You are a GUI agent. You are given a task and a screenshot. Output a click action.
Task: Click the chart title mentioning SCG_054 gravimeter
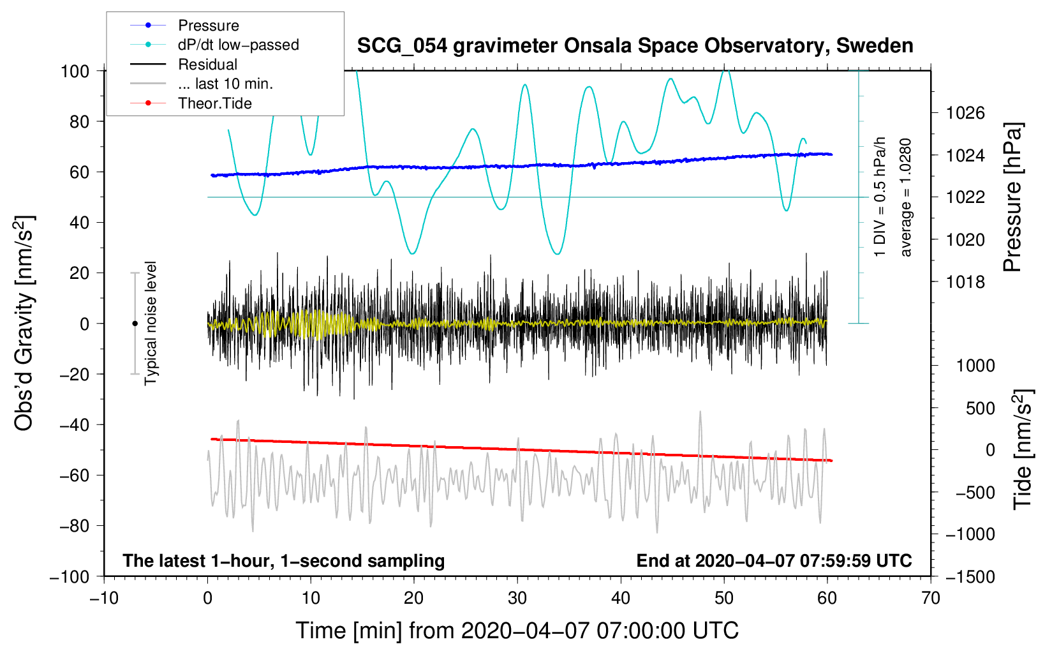click(635, 47)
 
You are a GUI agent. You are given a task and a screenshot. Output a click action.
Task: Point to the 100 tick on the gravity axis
click(75, 71)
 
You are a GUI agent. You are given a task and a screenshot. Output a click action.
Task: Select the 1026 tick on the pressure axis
click(965, 113)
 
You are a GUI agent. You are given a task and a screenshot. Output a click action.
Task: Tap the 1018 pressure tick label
click(965, 282)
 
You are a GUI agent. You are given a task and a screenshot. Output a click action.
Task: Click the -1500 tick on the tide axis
click(970, 577)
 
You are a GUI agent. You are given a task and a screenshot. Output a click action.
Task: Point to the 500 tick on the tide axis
click(980, 408)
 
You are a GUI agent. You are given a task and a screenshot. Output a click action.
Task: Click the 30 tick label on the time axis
click(517, 599)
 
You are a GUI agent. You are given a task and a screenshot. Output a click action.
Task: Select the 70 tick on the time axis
click(930, 599)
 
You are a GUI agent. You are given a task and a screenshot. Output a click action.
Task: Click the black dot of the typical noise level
click(135, 324)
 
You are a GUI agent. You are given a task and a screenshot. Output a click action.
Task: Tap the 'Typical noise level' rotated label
click(151, 324)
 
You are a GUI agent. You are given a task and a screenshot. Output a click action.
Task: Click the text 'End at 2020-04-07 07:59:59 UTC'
click(774, 560)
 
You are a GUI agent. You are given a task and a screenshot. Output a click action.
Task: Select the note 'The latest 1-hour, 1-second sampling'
click(284, 560)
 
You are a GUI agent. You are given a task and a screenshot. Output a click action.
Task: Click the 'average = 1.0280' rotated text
click(905, 198)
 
